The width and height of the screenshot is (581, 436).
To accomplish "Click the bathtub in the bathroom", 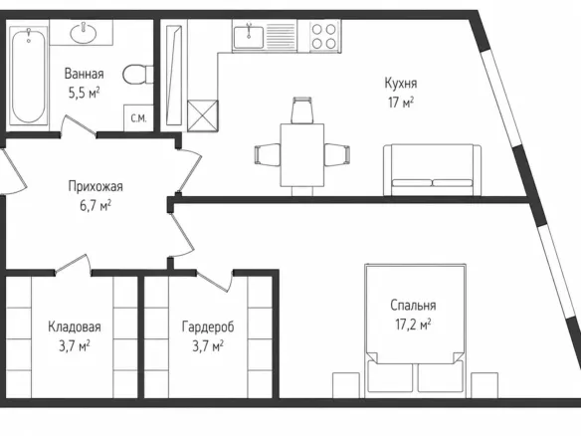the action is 29,76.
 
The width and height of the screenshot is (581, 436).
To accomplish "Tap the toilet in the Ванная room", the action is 138,74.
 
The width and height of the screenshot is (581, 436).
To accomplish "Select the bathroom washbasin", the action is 83,33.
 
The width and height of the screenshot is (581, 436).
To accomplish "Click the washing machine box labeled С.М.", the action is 138,118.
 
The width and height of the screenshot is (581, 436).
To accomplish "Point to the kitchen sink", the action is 249,36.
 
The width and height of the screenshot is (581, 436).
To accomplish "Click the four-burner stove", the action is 324,36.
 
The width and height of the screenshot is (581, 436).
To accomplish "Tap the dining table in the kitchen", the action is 302,155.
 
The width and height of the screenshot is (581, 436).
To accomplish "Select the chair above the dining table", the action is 302,110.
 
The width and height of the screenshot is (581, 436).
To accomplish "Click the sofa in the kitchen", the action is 433,170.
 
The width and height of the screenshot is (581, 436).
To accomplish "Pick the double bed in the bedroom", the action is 415,328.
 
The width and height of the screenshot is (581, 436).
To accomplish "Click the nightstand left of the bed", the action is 346,385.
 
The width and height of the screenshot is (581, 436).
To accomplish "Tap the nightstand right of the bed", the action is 484,385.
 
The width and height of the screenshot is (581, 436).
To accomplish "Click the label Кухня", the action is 401,83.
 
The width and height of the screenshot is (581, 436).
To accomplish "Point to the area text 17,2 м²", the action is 413,325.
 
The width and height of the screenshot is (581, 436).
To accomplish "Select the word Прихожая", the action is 96,186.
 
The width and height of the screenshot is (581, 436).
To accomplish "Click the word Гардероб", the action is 208,327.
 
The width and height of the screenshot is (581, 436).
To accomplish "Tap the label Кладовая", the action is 75,327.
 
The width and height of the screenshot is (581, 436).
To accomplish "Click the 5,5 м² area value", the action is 85,93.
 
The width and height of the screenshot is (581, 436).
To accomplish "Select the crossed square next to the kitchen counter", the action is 203,115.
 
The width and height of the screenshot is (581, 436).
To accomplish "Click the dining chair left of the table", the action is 268,154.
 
